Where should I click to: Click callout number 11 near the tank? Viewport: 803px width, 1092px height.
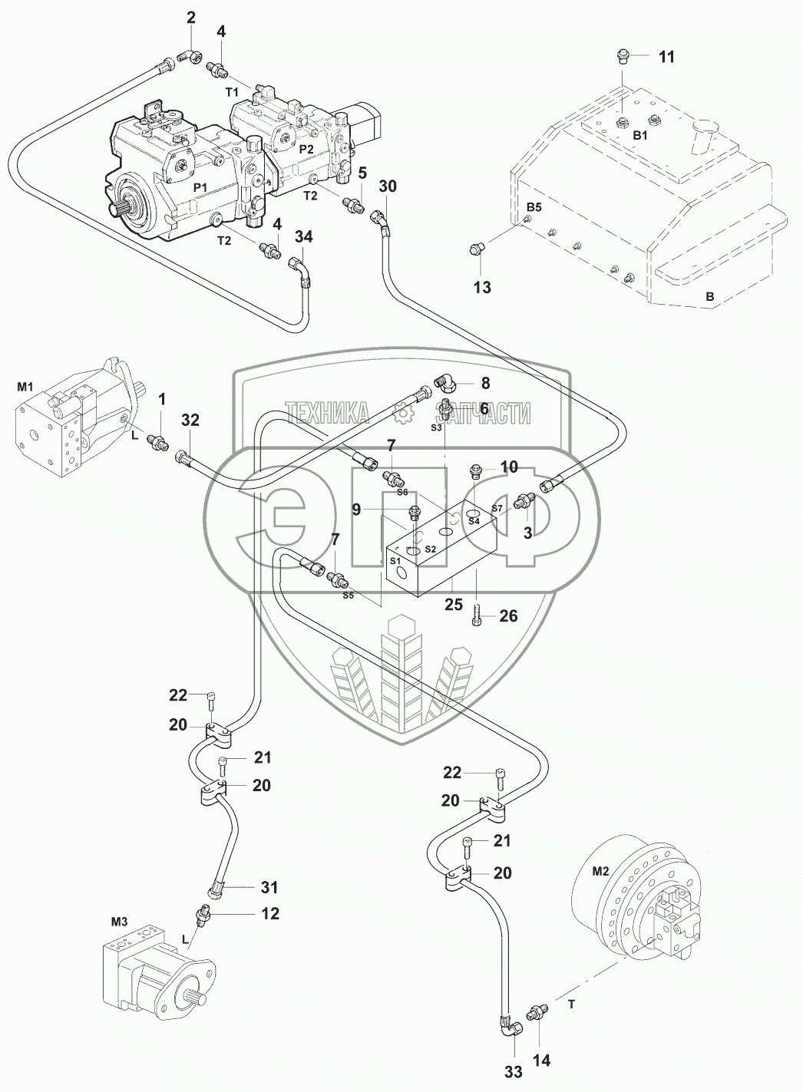[666, 57]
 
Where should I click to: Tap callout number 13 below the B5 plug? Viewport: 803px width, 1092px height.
[482, 287]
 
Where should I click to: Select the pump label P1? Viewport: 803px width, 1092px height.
[200, 188]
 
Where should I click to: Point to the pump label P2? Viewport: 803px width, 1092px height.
[306, 149]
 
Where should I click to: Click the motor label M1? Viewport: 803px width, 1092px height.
[25, 387]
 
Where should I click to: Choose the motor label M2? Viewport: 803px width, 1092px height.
[600, 872]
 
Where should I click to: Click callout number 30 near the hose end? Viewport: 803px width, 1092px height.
[388, 186]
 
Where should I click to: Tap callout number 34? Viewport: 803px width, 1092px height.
[304, 237]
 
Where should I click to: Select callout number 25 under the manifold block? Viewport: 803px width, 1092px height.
[454, 605]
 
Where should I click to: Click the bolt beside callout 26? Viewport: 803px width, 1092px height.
[476, 617]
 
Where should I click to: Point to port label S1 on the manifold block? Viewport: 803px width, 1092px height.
[395, 561]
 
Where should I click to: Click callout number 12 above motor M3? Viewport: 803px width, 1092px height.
[270, 913]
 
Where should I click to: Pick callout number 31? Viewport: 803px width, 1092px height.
[269, 887]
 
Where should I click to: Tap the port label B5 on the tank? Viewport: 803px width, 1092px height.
[534, 207]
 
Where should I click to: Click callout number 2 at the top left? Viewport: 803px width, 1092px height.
[190, 18]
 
